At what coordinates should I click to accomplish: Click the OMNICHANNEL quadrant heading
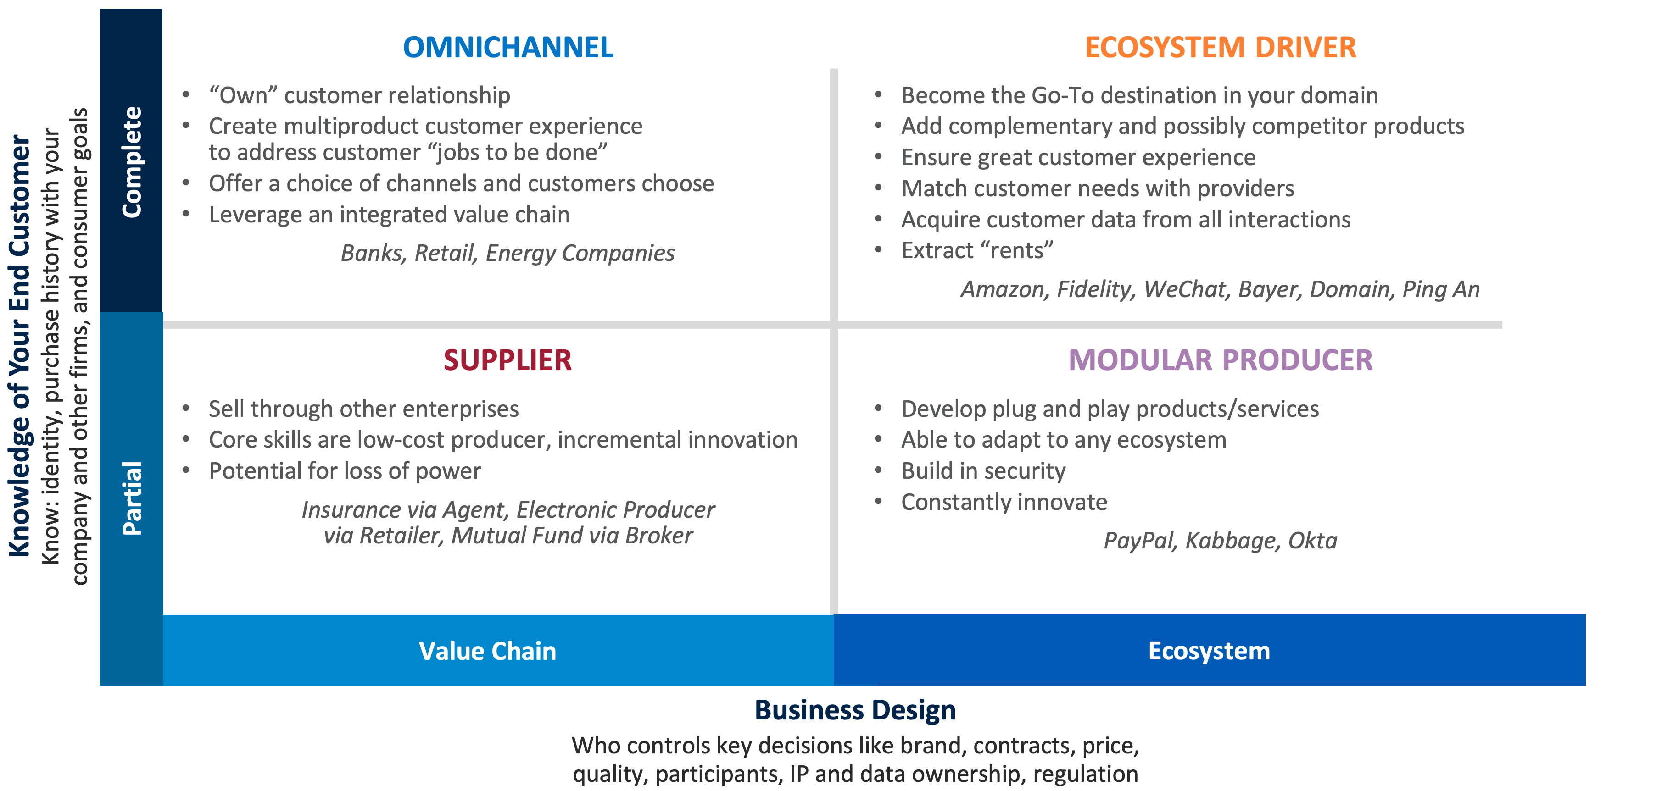tap(508, 47)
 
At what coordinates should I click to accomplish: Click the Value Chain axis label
tap(488, 651)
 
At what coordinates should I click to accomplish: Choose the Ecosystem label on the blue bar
tap(1209, 651)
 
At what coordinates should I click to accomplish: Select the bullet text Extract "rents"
tap(977, 250)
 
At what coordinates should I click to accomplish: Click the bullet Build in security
tap(983, 471)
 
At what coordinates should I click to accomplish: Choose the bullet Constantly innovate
tap(1004, 502)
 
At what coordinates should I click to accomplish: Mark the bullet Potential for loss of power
tap(345, 471)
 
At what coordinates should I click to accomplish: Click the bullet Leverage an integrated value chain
tap(389, 215)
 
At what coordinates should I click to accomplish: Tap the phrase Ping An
tap(1441, 289)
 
